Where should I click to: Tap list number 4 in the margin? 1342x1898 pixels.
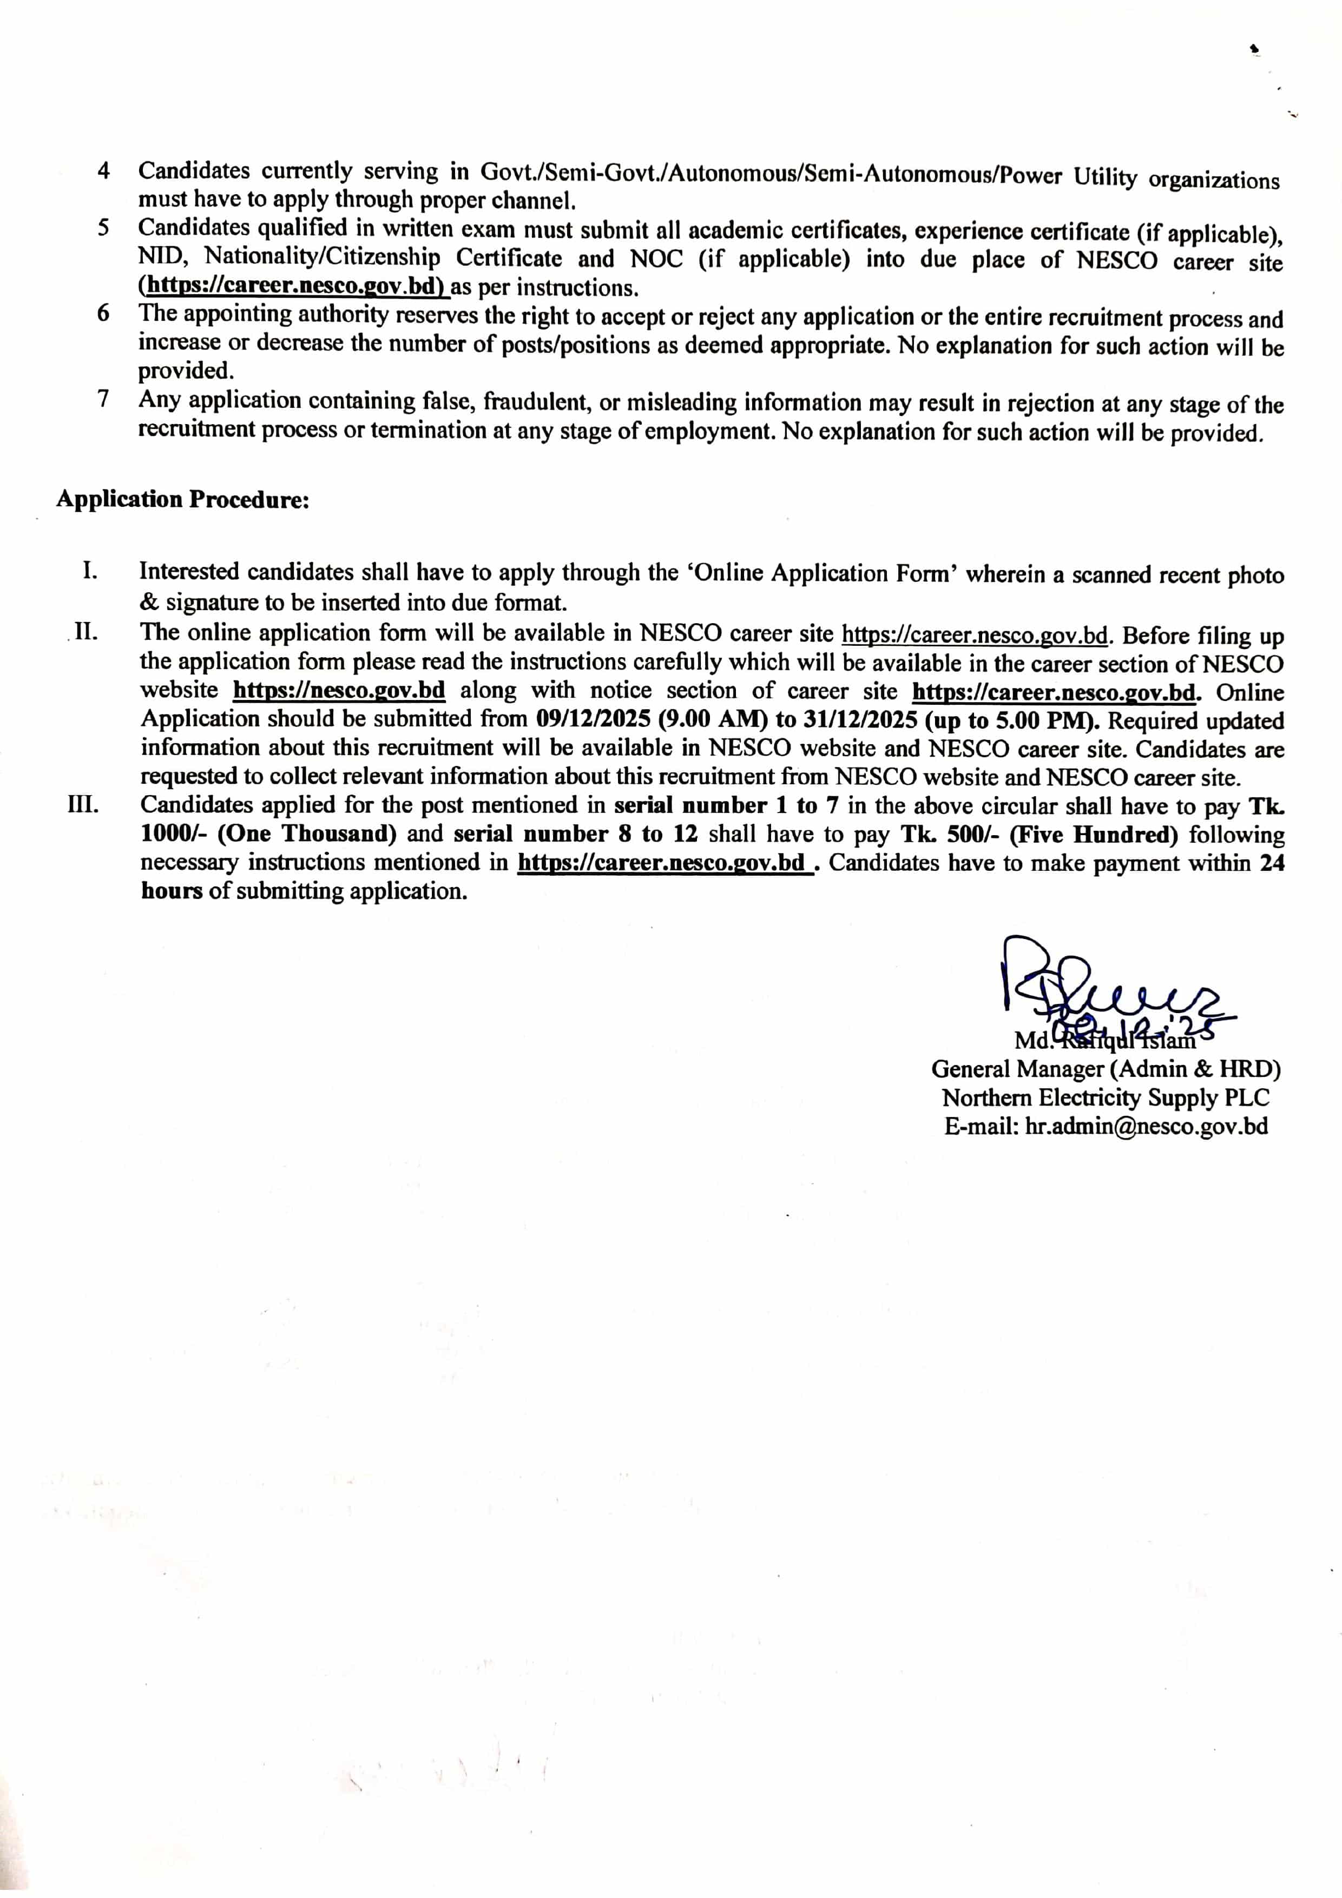pyautogui.click(x=103, y=171)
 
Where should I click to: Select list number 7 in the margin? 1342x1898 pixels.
pyautogui.click(x=103, y=399)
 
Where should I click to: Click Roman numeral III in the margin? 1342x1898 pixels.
pyautogui.click(x=83, y=804)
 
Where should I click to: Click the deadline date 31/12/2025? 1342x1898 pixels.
pyautogui.click(x=860, y=720)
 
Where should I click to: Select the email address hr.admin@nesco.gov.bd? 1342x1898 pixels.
pyautogui.click(x=1146, y=1127)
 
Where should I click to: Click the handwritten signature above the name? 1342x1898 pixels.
pyautogui.click(x=1108, y=988)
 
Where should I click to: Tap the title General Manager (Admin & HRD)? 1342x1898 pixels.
pyautogui.click(x=1106, y=1069)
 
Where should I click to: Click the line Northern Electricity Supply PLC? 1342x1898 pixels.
pyautogui.click(x=1106, y=1098)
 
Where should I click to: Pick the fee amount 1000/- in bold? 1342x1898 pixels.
pyautogui.click(x=174, y=834)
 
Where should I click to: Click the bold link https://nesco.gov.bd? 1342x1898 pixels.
pyautogui.click(x=339, y=690)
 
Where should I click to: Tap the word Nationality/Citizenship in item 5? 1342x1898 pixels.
pyautogui.click(x=323, y=257)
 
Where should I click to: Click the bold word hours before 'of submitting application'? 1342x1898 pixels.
pyautogui.click(x=171, y=891)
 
